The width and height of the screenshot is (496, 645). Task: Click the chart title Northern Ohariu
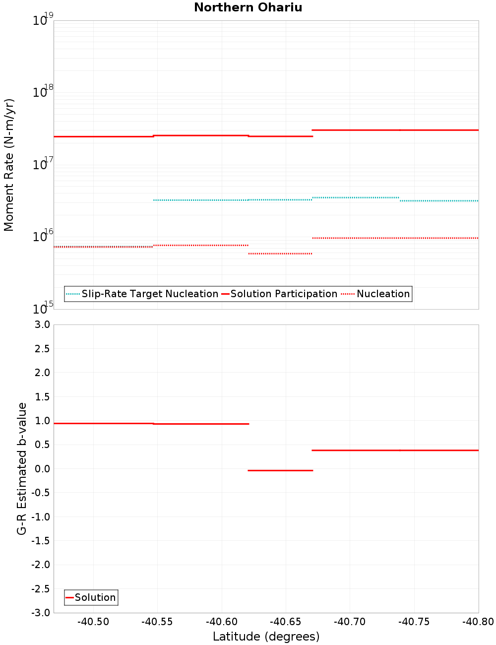[248, 7]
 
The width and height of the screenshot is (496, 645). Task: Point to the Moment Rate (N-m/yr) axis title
[9, 165]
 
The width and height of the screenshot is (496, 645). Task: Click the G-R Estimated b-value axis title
[22, 468]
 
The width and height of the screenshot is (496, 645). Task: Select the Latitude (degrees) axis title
[266, 637]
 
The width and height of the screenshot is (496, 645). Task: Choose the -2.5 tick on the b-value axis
[42, 589]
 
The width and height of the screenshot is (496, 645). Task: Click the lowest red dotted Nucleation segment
[280, 254]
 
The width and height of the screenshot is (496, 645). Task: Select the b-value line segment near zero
[280, 470]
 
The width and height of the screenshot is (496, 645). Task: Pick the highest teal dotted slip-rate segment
[356, 197]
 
